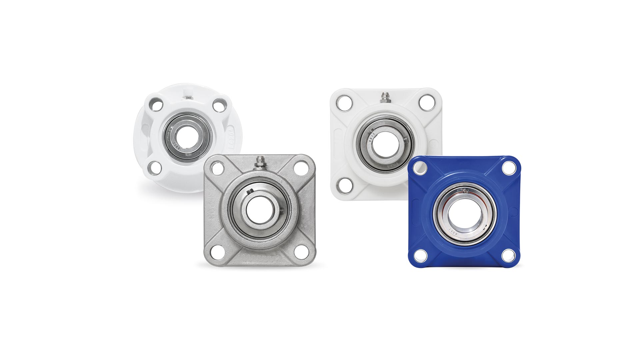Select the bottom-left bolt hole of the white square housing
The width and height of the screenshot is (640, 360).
click(344, 184)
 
